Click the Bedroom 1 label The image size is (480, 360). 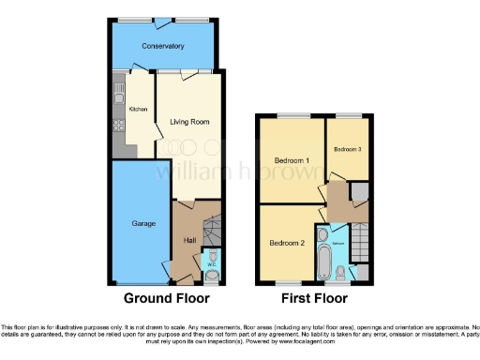(x=292, y=161)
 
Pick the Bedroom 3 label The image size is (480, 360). (x=347, y=148)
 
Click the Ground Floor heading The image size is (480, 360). (x=167, y=299)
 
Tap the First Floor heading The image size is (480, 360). (x=313, y=299)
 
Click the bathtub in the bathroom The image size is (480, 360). (x=324, y=256)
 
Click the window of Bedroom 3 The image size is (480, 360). (x=349, y=116)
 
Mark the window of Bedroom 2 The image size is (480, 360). (x=289, y=281)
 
